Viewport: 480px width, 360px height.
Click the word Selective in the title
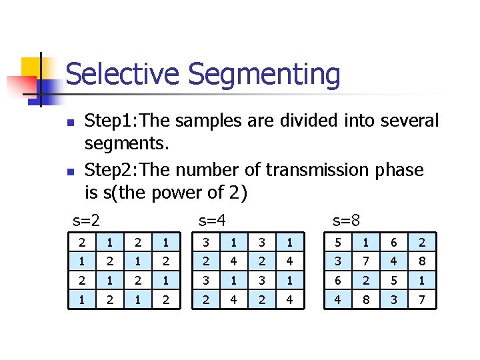coord(123,74)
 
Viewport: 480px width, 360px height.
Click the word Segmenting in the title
coord(264,75)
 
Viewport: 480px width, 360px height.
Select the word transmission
coord(317,170)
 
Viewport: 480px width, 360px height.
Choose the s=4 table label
coord(213,219)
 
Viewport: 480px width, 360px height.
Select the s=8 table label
coord(346,219)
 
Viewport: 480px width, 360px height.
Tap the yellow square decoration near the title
coord(32,67)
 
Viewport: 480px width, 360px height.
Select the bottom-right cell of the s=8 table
coord(422,301)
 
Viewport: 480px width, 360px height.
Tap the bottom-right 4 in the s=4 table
coord(289,301)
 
